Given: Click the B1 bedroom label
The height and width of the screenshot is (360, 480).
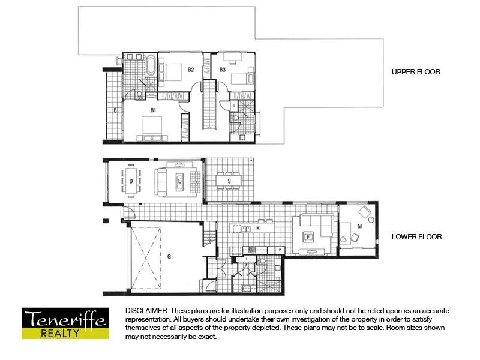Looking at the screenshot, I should pos(153,110).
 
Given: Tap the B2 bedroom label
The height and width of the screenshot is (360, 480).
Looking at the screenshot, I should pos(191,70).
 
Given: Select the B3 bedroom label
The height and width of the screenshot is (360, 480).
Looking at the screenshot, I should pos(222,70).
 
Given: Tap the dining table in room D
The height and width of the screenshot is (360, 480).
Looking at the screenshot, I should pos(130,181).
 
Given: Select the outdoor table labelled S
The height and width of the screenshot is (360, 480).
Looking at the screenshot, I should pos(229,181).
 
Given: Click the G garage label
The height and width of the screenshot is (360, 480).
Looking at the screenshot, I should pos(170,257).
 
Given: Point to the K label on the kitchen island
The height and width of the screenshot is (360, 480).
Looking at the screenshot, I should pos(257,229).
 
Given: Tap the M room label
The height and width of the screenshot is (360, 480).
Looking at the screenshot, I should pos(359,226).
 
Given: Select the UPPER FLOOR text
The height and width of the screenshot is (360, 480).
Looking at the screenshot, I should pos(416,72).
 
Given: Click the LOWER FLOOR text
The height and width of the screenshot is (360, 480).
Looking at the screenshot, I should pos(416,237).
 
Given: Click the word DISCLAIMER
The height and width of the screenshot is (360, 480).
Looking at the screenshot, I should pos(146,311).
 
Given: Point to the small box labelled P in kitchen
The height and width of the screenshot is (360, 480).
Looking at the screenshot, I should pos(280,249).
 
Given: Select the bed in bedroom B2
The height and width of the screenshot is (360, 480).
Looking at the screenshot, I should pos(172,73).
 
